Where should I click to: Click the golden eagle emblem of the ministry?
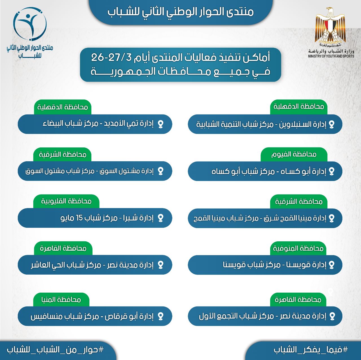[330, 26]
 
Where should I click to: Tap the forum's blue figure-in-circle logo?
[30, 24]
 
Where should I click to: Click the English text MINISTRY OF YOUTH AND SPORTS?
[331, 56]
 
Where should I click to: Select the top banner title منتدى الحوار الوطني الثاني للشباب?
[180, 12]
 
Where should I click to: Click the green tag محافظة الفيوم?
[294, 154]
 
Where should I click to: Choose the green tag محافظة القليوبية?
[66, 201]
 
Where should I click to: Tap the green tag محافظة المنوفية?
[298, 248]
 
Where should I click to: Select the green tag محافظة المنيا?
[61, 299]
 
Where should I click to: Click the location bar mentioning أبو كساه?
[265, 171]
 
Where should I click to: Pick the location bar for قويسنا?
[265, 265]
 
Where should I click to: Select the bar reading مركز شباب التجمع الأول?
[265, 316]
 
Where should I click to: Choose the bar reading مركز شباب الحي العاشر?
[95, 265]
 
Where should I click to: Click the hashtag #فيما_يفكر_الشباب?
[311, 350]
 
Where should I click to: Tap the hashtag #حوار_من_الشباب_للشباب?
[55, 350]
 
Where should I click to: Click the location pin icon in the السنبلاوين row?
[332, 124]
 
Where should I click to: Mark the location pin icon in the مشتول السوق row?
[160, 171]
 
